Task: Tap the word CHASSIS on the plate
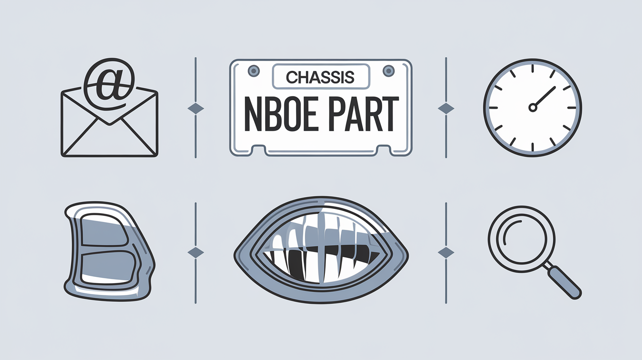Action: (x=320, y=77)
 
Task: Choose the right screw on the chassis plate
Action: (x=389, y=71)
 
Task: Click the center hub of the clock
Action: (x=532, y=108)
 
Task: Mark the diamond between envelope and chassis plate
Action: (x=196, y=108)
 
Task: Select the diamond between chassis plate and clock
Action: (x=446, y=108)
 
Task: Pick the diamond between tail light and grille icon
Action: (x=196, y=252)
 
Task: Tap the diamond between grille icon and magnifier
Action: (x=446, y=252)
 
